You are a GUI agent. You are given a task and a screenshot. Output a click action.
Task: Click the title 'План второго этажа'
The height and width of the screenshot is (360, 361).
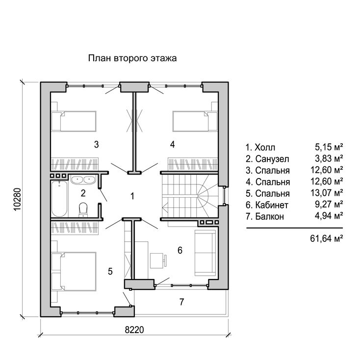click(x=132, y=58)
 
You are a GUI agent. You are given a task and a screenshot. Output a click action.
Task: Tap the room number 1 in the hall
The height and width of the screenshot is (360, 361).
click(x=132, y=196)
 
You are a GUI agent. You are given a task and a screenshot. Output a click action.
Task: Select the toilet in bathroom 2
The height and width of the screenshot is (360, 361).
click(x=83, y=209)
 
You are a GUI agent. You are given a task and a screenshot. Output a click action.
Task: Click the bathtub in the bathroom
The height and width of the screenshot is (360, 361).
click(x=59, y=199)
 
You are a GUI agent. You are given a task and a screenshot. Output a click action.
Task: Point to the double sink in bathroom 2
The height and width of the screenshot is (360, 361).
click(x=83, y=180)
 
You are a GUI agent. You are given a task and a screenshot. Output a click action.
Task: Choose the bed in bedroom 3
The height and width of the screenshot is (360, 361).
click(x=74, y=121)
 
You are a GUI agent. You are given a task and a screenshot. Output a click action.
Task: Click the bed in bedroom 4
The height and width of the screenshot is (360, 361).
click(x=195, y=121)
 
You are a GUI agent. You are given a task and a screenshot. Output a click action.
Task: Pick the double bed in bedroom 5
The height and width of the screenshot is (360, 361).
click(x=74, y=272)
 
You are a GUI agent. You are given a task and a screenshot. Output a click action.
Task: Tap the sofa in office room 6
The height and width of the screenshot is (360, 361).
click(x=206, y=253)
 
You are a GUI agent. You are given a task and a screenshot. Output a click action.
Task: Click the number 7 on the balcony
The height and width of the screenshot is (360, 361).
click(x=181, y=302)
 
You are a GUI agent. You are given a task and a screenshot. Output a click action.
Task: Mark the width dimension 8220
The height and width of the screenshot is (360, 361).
click(x=134, y=330)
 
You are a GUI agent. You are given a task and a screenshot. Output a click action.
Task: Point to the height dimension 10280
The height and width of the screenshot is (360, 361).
click(x=18, y=199)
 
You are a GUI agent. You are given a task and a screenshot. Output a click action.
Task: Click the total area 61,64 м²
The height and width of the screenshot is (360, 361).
click(x=327, y=238)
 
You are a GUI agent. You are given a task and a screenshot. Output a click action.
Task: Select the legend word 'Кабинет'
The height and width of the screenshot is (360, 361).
click(x=272, y=205)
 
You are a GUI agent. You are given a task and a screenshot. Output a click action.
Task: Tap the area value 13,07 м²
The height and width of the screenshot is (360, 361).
click(x=327, y=193)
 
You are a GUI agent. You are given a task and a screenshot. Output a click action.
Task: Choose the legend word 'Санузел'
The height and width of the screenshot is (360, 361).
click(x=272, y=159)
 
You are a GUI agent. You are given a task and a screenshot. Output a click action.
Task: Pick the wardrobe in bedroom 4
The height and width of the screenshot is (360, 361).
click(x=193, y=164)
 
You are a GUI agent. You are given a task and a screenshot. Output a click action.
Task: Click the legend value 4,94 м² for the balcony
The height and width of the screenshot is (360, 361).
click(x=329, y=216)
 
